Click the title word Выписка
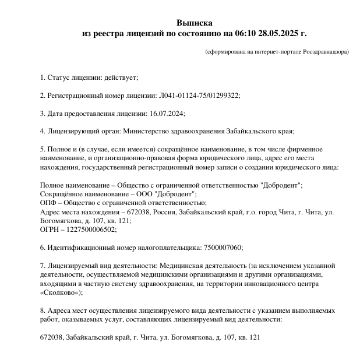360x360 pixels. coord(195,23)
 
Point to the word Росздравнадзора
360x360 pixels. coord(324,52)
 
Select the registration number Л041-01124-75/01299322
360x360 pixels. coord(199,96)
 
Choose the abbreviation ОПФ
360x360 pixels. coord(47,203)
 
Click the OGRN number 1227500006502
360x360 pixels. coord(91,230)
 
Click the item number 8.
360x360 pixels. coord(43,310)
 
